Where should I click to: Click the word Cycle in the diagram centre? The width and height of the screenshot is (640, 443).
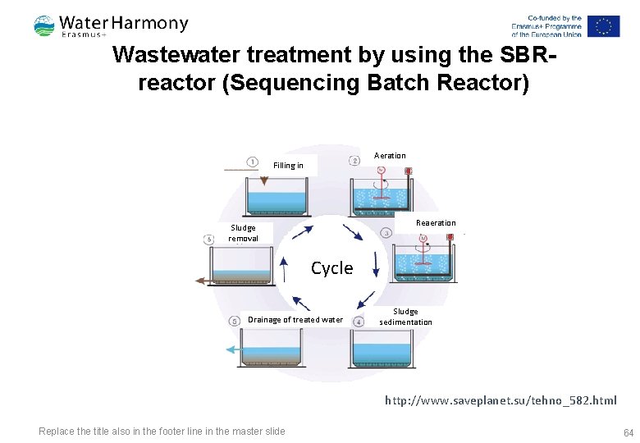tap(332, 268)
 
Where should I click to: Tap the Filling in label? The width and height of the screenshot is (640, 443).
tap(288, 166)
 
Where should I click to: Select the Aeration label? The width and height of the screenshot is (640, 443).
tap(390, 156)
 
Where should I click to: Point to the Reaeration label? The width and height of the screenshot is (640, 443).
tap(436, 223)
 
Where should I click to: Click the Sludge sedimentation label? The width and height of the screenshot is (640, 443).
tap(405, 317)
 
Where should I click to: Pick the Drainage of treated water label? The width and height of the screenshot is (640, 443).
tap(295, 320)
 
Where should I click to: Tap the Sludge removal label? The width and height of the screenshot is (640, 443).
tap(243, 233)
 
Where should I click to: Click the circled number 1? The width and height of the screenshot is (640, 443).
tap(253, 162)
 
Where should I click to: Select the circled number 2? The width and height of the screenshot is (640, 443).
tap(354, 161)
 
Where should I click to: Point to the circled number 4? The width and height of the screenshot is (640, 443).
tap(359, 322)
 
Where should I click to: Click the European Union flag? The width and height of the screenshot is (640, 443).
tap(603, 26)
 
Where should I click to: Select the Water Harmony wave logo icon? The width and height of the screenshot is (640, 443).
tap(44, 26)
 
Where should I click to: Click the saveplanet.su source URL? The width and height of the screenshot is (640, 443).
tap(501, 400)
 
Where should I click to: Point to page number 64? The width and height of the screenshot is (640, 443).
tap(629, 432)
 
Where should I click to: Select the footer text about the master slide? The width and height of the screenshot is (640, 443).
tap(162, 432)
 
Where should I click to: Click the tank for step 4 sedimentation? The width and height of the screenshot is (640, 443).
tap(382, 349)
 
